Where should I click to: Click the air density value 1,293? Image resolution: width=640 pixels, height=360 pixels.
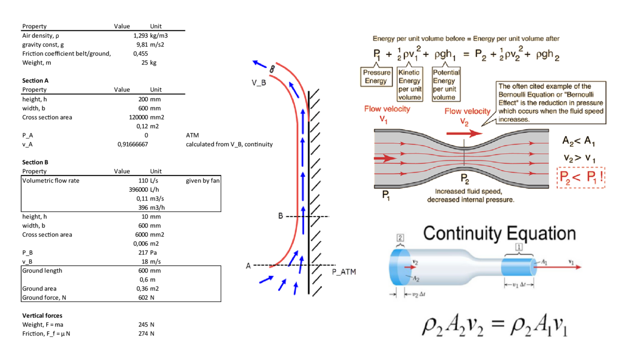[x=140, y=36]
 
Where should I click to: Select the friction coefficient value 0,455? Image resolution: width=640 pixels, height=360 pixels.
[x=140, y=54]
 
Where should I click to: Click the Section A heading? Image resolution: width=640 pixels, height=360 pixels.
[x=35, y=81]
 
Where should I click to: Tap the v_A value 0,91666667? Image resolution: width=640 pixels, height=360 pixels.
[x=132, y=145]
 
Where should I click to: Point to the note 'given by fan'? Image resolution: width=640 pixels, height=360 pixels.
[x=202, y=181]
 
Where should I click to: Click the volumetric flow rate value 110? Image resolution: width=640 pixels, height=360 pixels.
[x=143, y=181]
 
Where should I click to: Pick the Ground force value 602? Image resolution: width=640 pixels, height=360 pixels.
[x=143, y=298]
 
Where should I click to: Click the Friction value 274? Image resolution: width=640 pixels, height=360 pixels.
[x=143, y=334]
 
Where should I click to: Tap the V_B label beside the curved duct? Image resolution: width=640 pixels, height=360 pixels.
[x=258, y=83]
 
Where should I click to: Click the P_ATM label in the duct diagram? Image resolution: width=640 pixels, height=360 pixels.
[x=344, y=272]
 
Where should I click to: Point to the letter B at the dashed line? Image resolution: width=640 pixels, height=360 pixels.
[x=280, y=216]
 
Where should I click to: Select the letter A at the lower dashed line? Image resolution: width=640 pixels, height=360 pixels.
[x=248, y=266]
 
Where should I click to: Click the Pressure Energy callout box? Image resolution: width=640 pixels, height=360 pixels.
[x=376, y=77]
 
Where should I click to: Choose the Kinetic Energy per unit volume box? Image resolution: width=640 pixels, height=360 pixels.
[x=410, y=85]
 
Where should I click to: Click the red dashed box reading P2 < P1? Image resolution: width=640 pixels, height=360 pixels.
[x=580, y=177]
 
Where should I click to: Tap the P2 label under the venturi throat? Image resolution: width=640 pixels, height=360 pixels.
[x=465, y=179]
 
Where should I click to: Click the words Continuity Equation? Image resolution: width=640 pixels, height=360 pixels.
[x=499, y=233]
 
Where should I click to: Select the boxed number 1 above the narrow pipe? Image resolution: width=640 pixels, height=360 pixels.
[x=519, y=247]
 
